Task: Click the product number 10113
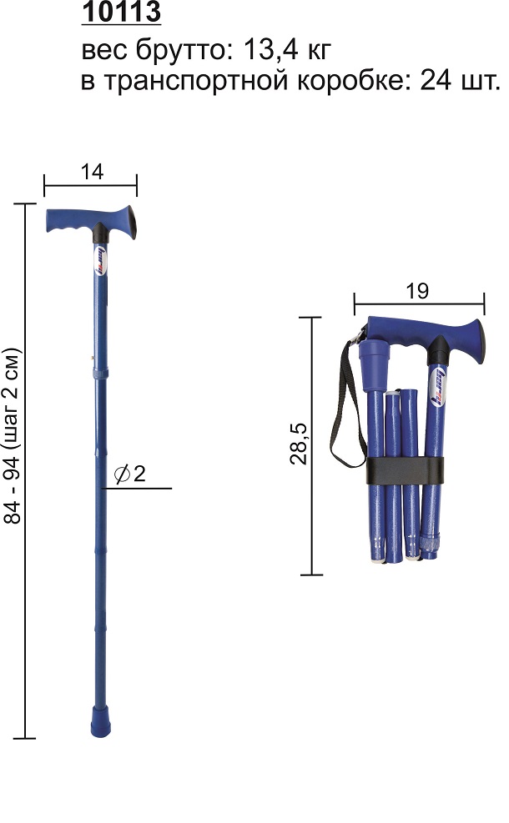coord(121,12)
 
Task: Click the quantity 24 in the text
coord(436,81)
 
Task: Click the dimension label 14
coord(92,172)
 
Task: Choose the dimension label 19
coord(417,291)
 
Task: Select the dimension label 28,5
coord(299,444)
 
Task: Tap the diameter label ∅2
coord(129,474)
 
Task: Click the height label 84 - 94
coord(12,492)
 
